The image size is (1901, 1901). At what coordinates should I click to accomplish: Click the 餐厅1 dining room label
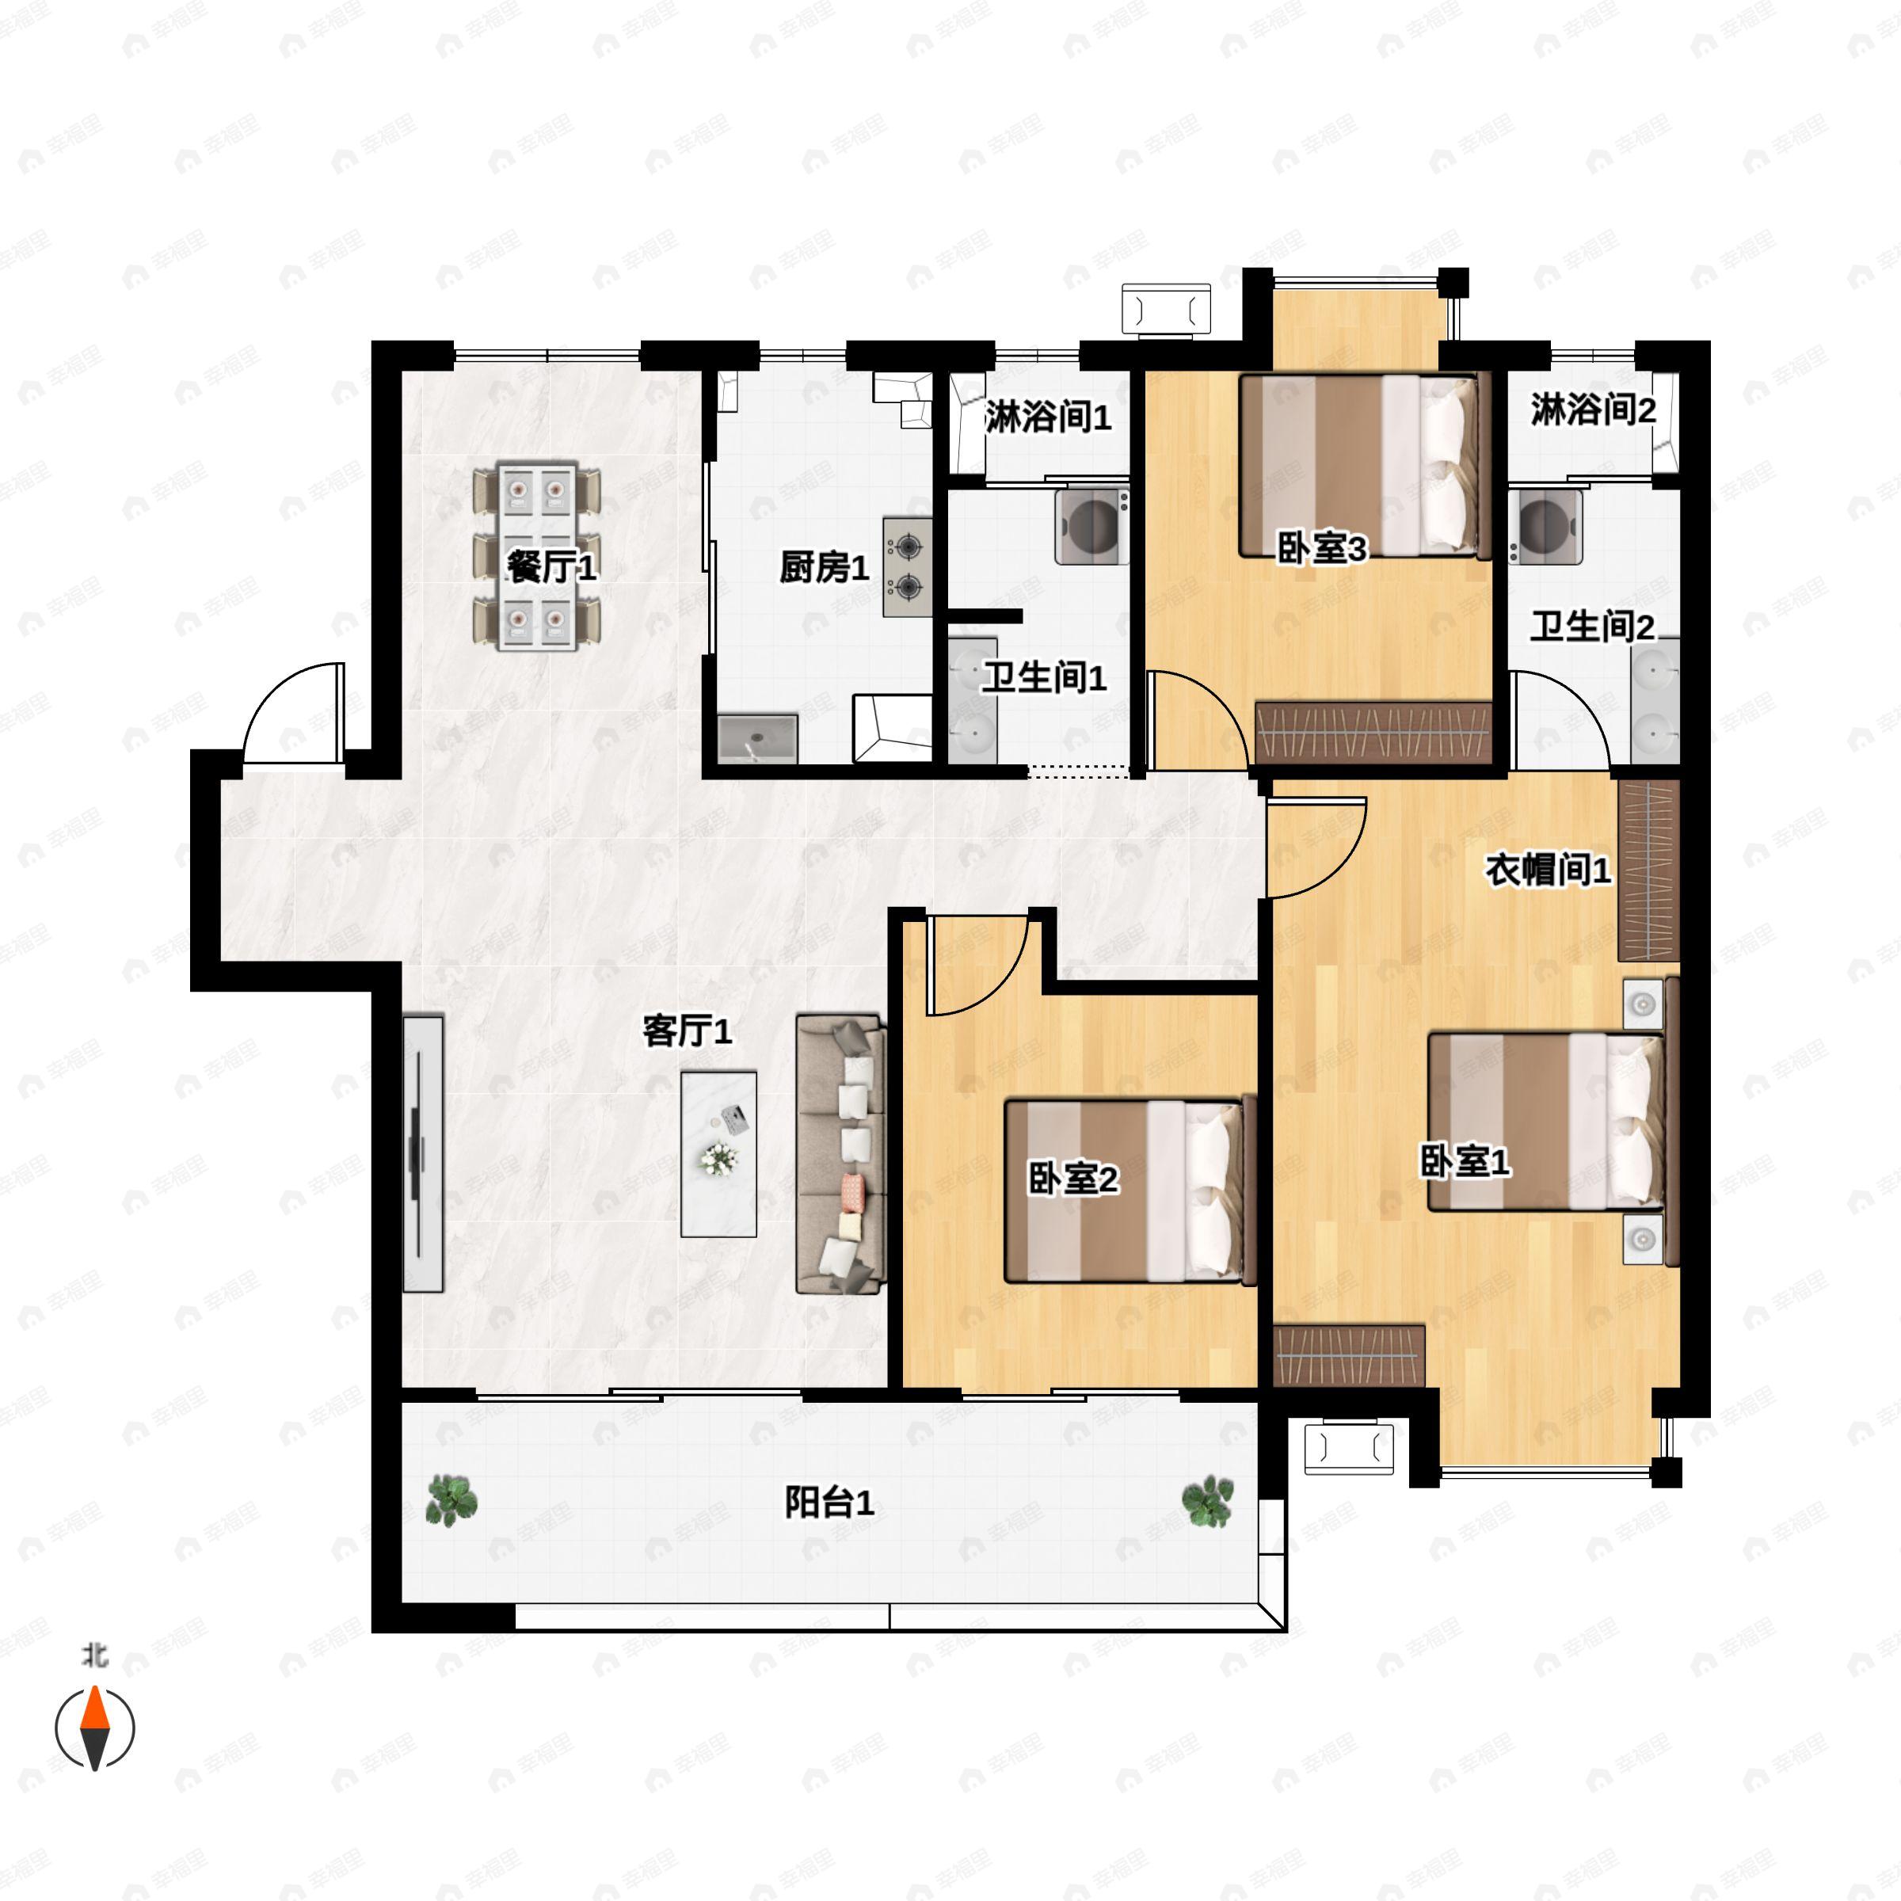coord(551,567)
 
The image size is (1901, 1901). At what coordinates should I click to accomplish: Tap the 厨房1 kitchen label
coord(824,568)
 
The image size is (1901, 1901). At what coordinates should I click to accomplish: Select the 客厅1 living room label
coord(687,1031)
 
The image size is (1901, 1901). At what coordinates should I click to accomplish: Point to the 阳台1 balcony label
coord(829,1503)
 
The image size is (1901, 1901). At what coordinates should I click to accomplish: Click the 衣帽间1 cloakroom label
coord(1547,870)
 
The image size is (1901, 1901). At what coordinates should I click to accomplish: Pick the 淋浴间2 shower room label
coord(1592,410)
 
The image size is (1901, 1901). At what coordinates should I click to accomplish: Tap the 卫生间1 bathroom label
coord(1044,677)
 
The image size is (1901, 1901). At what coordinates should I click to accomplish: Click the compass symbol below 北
coord(94,1728)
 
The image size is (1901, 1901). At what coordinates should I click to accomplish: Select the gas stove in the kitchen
coord(906,567)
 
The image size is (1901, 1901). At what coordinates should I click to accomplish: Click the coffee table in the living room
coord(718,1153)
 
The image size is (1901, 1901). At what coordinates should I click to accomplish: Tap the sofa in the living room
coord(840,1153)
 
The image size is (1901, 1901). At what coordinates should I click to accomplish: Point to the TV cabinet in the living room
coord(423,1153)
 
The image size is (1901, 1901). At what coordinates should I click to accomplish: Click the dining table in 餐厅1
coord(536,557)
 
